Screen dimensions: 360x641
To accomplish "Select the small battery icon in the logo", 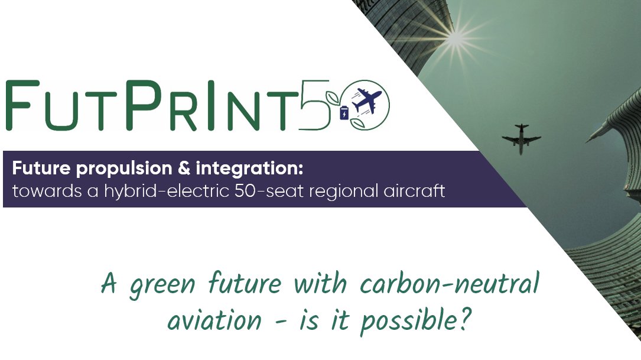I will point(344,112).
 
